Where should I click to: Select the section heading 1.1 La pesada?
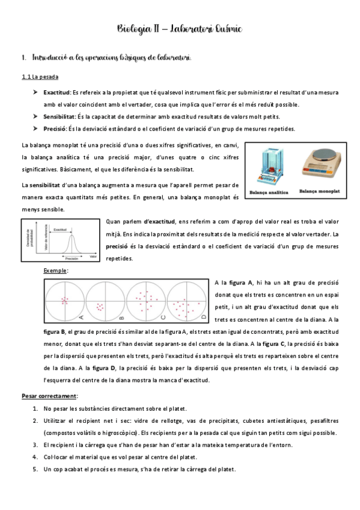40,77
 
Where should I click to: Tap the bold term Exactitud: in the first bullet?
56,93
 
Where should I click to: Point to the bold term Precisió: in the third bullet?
55,129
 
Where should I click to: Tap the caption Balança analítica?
267,192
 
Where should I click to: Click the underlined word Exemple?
55,271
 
